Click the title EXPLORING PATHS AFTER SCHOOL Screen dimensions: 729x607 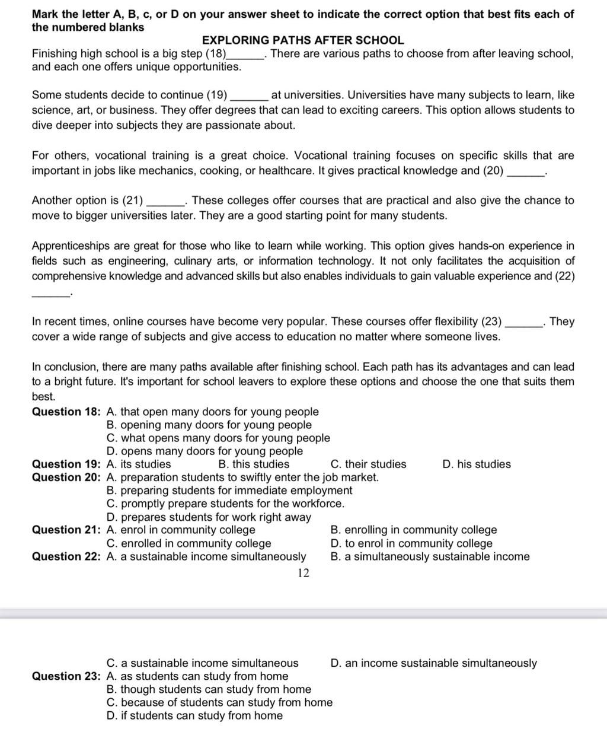(303, 40)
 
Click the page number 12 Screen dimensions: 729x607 (303, 573)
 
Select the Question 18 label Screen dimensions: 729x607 (66, 412)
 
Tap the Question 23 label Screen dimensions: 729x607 (66, 676)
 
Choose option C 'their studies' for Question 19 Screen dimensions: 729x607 (368, 464)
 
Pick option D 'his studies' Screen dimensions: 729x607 (476, 464)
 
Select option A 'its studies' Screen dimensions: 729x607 (139, 464)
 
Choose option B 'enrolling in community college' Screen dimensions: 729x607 (413, 530)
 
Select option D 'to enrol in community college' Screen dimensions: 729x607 (411, 543)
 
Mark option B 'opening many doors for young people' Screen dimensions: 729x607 (209, 425)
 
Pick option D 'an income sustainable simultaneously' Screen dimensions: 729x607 (433, 663)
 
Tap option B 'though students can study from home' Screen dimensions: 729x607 (209, 689)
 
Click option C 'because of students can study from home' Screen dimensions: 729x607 (219, 702)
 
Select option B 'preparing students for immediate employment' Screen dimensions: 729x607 (229, 491)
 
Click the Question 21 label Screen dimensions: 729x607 (66, 530)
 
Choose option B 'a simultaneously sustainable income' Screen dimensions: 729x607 (429, 556)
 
